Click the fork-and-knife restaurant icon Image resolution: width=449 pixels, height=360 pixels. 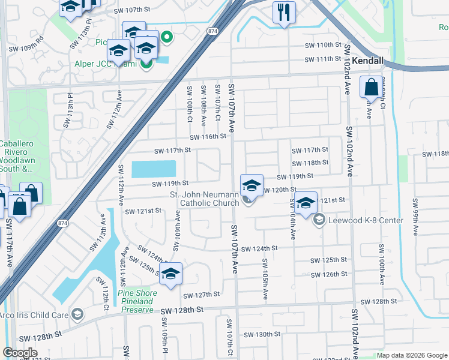pyautogui.click(x=284, y=12)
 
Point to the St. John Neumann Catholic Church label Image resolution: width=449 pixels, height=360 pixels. pyautogui.click(x=205, y=199)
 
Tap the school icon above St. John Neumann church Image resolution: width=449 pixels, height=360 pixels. pyautogui.click(x=252, y=184)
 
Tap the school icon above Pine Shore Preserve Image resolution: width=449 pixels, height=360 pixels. pyautogui.click(x=171, y=274)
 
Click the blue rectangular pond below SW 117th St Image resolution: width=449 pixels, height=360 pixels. pyautogui.click(x=154, y=169)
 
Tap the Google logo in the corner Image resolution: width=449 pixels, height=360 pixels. pyautogui.click(x=20, y=353)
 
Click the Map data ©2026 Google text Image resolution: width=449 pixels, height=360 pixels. pyautogui.click(x=411, y=355)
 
